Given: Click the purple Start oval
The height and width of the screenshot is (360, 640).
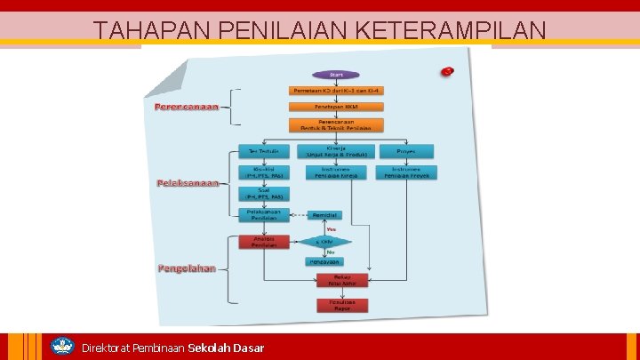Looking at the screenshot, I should click(x=336, y=75).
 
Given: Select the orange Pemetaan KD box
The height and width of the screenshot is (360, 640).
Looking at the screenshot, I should click(x=336, y=91).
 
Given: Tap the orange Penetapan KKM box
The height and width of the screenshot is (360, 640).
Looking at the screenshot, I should click(x=336, y=107).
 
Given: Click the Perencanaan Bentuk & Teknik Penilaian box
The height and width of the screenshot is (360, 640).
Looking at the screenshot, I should click(x=336, y=125).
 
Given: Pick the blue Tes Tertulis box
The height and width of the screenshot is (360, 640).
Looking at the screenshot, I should click(x=264, y=151).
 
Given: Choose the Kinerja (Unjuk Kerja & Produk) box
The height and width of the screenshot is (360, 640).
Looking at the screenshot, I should click(x=336, y=151).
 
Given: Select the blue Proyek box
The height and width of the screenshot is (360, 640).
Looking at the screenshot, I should click(x=406, y=151).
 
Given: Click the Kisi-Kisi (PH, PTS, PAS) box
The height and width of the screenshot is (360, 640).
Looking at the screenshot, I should click(x=264, y=172).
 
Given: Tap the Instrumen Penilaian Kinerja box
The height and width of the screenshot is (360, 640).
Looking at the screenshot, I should click(x=336, y=172).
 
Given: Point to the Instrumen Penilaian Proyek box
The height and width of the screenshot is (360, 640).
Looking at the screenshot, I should click(x=406, y=172).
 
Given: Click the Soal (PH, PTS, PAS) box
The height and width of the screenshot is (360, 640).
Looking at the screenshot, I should click(x=264, y=193).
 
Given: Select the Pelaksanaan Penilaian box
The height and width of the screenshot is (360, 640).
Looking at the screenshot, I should click(x=264, y=214).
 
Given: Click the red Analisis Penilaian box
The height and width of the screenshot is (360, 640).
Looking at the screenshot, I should click(x=264, y=242).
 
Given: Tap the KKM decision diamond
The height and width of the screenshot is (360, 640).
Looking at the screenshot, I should click(x=324, y=242).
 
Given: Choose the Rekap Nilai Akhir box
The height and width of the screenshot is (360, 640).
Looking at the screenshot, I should click(x=342, y=280).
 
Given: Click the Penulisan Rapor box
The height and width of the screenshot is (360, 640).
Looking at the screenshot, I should click(x=342, y=305).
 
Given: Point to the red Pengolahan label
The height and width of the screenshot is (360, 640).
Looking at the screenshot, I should click(x=187, y=268).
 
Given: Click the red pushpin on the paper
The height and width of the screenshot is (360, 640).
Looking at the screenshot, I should click(x=448, y=70).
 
